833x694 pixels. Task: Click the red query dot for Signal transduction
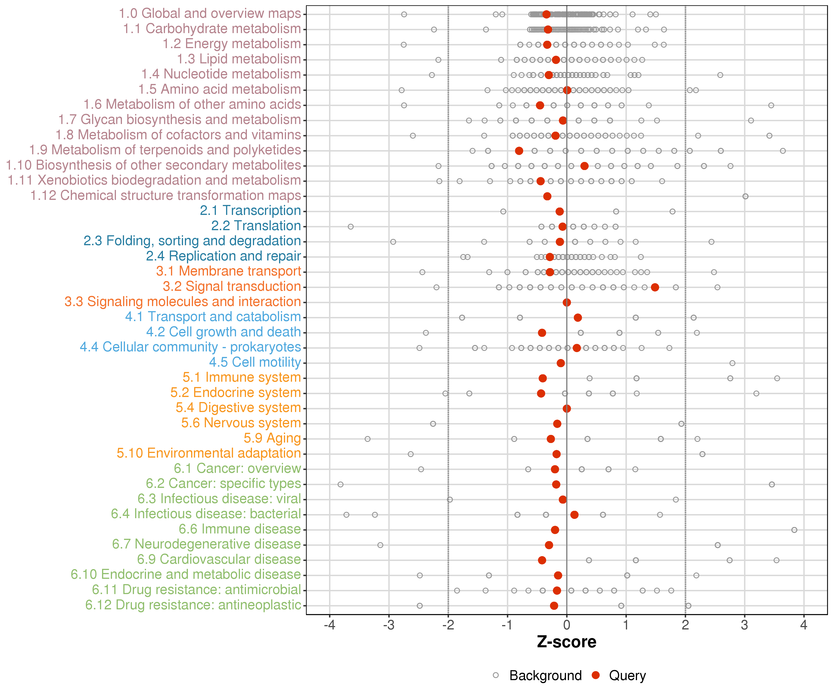click(x=655, y=287)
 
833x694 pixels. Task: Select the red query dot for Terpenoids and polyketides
click(x=519, y=151)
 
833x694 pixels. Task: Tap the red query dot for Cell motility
click(x=560, y=363)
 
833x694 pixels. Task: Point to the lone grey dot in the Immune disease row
click(x=794, y=530)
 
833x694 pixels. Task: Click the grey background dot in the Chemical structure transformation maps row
click(x=745, y=196)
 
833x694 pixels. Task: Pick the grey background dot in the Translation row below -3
click(x=351, y=226)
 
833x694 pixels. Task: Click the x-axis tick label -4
click(x=330, y=625)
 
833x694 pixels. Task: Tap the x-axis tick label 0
click(x=567, y=625)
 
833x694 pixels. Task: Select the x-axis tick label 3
click(x=745, y=625)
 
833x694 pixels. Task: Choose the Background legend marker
click(x=496, y=675)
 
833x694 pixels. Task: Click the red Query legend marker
click(x=595, y=675)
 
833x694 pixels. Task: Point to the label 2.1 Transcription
click(x=250, y=210)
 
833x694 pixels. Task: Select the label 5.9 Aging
click(x=273, y=438)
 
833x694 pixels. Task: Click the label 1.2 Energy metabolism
click(x=232, y=44)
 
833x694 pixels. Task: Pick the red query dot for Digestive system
click(x=567, y=409)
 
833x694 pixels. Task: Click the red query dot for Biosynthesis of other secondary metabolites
click(x=584, y=166)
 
